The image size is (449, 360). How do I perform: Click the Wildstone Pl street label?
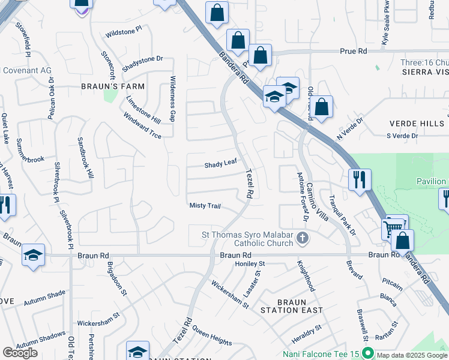[x=123, y=31]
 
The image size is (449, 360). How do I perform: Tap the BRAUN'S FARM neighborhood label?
[x=113, y=86]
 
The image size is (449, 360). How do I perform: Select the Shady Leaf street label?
[x=221, y=163]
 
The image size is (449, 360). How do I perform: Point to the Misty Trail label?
[x=205, y=206]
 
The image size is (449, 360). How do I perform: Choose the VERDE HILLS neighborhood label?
[x=417, y=124]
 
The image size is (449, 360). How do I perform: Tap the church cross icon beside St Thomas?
[x=303, y=239]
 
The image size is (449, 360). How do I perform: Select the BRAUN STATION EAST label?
[x=292, y=305]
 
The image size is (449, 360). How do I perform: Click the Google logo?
[x=20, y=353]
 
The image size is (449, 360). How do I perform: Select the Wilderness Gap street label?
[x=172, y=99]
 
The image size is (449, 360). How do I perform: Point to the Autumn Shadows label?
[x=41, y=340]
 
